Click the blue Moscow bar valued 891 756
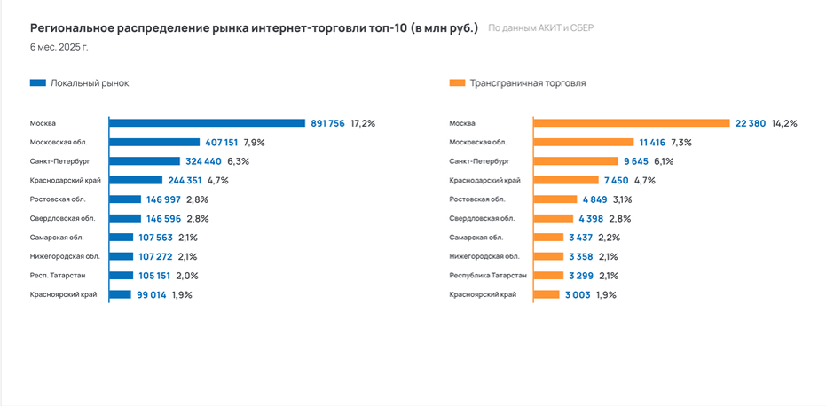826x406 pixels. [207, 123]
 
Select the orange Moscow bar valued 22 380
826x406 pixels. [631, 123]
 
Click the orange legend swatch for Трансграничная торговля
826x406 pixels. [458, 82]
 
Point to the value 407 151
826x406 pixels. [223, 142]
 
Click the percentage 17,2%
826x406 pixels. [363, 123]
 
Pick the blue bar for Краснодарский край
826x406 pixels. [136, 180]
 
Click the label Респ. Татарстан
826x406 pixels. [58, 275]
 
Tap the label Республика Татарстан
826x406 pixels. [488, 275]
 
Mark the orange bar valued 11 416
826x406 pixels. [583, 142]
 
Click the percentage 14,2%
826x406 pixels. [784, 123]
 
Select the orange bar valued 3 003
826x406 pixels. [546, 294]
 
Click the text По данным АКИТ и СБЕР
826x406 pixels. [540, 28]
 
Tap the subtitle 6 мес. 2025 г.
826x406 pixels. [59, 46]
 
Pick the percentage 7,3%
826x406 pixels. [681, 142]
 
